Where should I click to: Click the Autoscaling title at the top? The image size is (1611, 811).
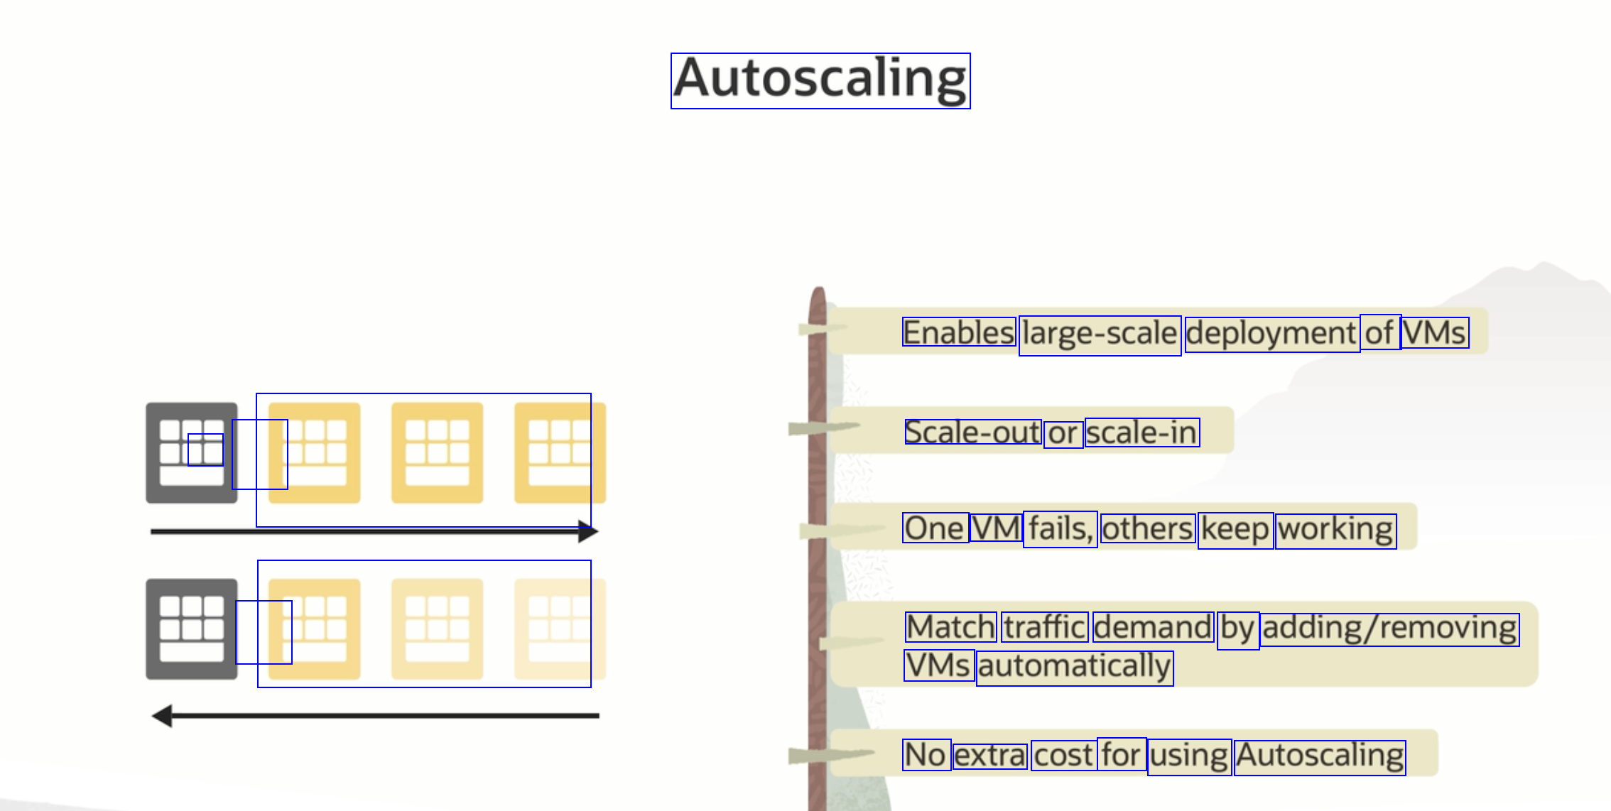pos(820,80)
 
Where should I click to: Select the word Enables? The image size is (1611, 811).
pos(959,332)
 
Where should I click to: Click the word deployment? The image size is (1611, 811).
pos(1271,334)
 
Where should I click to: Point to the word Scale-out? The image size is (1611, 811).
pos(972,432)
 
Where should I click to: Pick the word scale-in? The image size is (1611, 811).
pos(1142,432)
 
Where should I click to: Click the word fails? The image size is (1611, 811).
pos(1060,529)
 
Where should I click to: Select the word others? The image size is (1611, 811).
pos(1147,529)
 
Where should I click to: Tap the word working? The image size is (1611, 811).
pos(1335,530)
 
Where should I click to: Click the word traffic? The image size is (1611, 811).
pos(1044,627)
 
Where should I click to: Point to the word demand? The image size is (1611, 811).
pos(1153,627)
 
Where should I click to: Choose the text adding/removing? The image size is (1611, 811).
pos(1390,629)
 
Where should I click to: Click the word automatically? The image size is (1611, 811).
pos(1075,668)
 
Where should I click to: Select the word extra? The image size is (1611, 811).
pos(990,756)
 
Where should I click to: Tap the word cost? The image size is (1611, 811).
pos(1063,756)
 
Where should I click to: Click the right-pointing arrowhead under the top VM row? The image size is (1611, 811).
pos(588,531)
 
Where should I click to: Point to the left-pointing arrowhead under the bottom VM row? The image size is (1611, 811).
pos(163,715)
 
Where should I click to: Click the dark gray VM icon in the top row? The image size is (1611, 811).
pos(191,452)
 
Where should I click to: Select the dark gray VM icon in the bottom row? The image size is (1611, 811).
pos(191,628)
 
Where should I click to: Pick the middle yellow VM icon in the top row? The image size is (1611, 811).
pos(437,452)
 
